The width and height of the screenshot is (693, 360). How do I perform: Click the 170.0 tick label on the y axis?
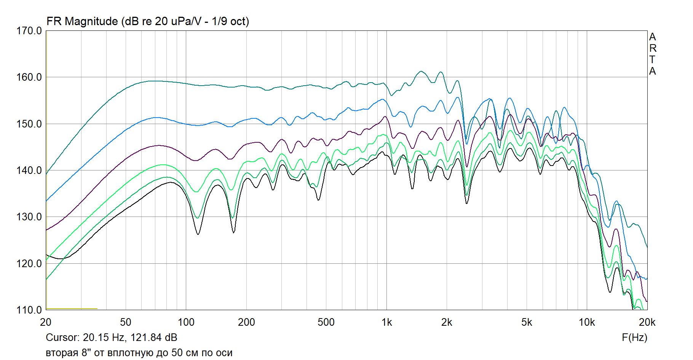(x=29, y=31)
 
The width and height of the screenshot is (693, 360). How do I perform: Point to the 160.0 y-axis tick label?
(x=29, y=77)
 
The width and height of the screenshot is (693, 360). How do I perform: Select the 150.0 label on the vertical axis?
(x=29, y=124)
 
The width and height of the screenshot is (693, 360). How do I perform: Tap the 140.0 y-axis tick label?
(x=29, y=170)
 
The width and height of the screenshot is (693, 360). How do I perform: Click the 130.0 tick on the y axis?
(x=29, y=217)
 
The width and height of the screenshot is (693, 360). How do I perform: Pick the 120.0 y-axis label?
(x=29, y=263)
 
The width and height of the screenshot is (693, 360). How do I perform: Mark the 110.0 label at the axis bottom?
(x=29, y=310)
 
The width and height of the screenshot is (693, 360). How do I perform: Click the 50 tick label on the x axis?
(x=126, y=322)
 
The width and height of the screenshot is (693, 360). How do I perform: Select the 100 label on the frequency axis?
(x=186, y=322)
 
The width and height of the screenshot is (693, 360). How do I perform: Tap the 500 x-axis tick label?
(x=326, y=322)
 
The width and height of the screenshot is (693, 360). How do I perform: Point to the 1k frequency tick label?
(x=386, y=322)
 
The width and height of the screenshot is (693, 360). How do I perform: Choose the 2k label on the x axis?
(x=447, y=322)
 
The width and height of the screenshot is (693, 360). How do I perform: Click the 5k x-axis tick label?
(x=527, y=322)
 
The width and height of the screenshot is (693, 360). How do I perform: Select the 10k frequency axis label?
(x=587, y=322)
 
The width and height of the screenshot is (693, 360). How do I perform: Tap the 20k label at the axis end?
(x=647, y=322)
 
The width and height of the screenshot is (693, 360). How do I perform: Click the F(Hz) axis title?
(x=634, y=338)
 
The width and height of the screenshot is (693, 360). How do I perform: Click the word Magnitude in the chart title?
(x=91, y=21)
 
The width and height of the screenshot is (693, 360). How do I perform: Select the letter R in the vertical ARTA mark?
(x=653, y=48)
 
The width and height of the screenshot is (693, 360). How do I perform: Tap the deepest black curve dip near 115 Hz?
(x=198, y=234)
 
